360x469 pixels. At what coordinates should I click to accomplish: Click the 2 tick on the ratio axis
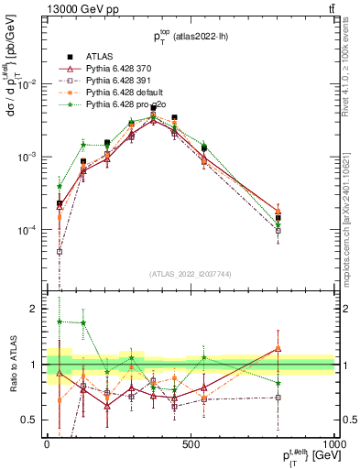tap(33, 309)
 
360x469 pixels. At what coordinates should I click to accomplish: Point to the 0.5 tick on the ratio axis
tap(29, 420)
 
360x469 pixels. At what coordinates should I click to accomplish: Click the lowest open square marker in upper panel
tap(60, 251)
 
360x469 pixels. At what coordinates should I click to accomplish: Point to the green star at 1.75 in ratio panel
tap(60, 322)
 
